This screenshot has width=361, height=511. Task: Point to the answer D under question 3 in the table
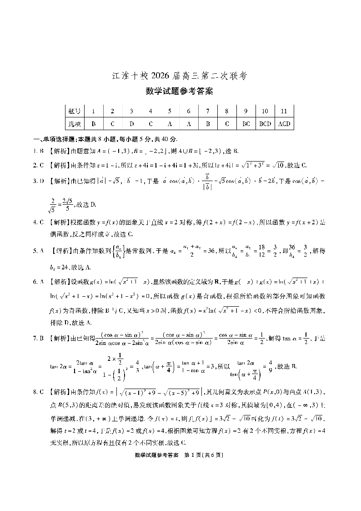(131, 123)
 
